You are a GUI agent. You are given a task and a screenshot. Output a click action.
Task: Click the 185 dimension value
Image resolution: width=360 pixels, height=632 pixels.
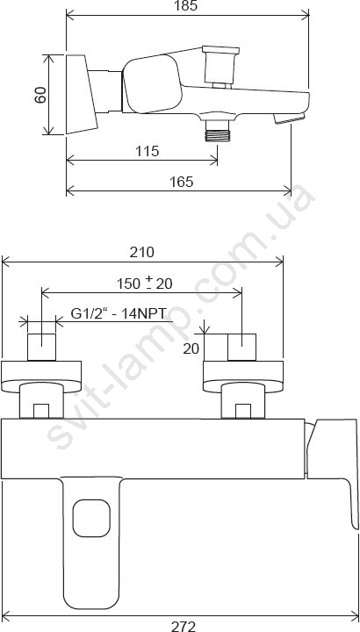click(x=187, y=5)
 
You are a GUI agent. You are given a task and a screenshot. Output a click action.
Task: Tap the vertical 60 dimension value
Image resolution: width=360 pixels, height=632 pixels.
click(x=40, y=95)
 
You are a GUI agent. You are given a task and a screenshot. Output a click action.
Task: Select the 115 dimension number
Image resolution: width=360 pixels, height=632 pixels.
click(x=147, y=151)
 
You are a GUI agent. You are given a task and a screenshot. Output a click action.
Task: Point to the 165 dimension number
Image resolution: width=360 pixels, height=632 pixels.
click(x=181, y=182)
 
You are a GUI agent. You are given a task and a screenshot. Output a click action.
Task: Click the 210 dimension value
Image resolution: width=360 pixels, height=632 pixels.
click(x=141, y=252)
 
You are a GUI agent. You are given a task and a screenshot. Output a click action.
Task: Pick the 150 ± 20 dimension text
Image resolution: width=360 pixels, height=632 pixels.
click(x=145, y=284)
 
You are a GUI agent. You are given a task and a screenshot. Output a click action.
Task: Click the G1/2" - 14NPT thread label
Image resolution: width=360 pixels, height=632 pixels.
click(x=119, y=313)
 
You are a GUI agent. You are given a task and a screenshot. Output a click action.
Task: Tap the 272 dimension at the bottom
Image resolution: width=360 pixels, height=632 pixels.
click(x=184, y=626)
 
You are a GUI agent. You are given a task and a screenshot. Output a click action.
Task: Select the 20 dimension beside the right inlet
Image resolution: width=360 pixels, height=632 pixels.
click(x=191, y=348)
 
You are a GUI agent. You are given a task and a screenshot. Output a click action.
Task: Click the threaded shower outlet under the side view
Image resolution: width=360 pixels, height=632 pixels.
click(x=217, y=131)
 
